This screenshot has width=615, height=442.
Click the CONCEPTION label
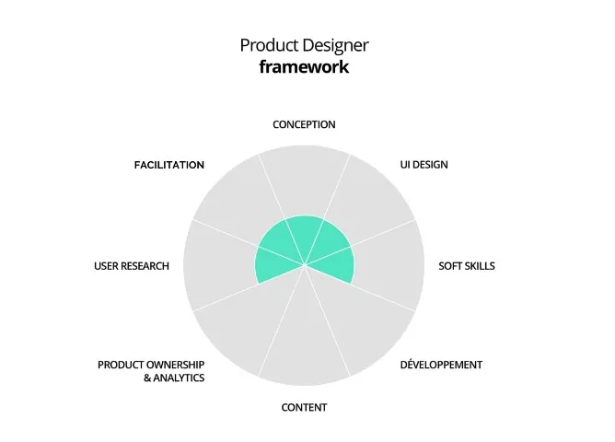pyautogui.click(x=304, y=124)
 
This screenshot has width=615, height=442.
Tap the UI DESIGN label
pyautogui.click(x=424, y=165)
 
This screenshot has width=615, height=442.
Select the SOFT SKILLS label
pyautogui.click(x=467, y=266)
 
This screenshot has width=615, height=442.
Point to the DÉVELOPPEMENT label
pyautogui.click(x=441, y=365)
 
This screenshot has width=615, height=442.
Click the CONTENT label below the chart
pyautogui.click(x=304, y=408)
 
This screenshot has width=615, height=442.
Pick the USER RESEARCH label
pyautogui.click(x=132, y=266)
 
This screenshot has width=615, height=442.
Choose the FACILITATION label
pyautogui.click(x=169, y=165)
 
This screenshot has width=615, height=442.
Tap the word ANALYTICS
pyautogui.click(x=179, y=378)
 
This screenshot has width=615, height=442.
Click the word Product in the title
pyautogui.click(x=269, y=45)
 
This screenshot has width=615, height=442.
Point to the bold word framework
pyautogui.click(x=304, y=66)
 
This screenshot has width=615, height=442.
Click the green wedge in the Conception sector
pyautogui.click(x=304, y=236)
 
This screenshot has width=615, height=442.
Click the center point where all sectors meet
pyautogui.click(x=305, y=266)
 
